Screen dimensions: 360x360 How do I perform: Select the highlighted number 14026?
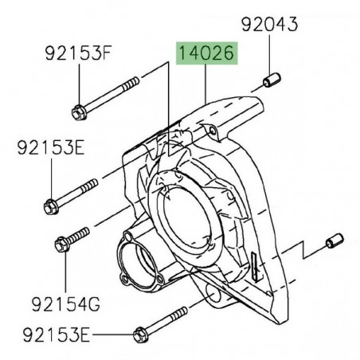coord(205,55)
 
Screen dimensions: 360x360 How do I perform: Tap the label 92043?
coord(270,25)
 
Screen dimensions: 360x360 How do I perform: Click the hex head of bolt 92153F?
coord(81,111)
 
